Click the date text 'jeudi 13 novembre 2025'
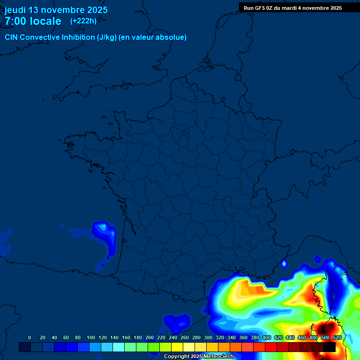pyautogui.click(x=56, y=10)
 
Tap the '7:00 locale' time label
pyautogui.click(x=33, y=21)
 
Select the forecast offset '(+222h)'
pyautogui.click(x=83, y=21)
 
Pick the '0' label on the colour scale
pyautogui.click(x=30, y=337)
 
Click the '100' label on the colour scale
pyautogui.click(x=90, y=337)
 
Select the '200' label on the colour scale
pyautogui.click(x=149, y=337)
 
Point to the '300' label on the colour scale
pyautogui.click(x=208, y=337)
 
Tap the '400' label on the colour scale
pyautogui.click(x=266, y=337)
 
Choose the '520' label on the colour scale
pyautogui.click(x=337, y=337)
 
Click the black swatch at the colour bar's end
pyautogui.click(x=330, y=347)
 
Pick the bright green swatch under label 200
pyautogui.click(x=154, y=347)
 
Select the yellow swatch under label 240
pyautogui.click(x=177, y=347)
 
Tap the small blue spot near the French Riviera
pyautogui.click(x=284, y=264)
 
